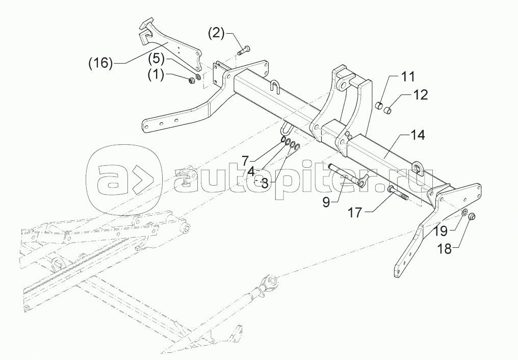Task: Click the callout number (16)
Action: coord(99,63)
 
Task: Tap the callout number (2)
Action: coord(216,34)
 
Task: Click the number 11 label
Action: coord(407,77)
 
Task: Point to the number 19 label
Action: coord(441,231)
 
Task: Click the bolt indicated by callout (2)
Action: coord(244,50)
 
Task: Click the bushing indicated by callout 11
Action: coord(379,106)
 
